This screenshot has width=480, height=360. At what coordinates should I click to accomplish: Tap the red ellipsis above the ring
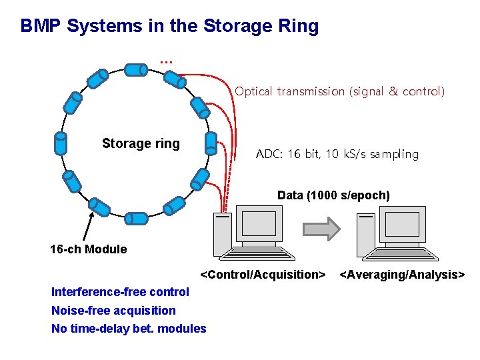tap(166, 61)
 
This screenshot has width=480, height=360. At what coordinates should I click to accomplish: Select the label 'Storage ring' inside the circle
tap(141, 143)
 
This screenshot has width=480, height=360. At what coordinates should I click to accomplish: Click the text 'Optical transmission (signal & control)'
tap(339, 91)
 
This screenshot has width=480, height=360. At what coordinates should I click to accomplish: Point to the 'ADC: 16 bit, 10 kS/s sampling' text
tap(337, 154)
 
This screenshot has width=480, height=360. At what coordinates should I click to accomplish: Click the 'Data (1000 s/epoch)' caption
tap(333, 195)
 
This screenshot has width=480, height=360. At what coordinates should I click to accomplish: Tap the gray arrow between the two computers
tap(322, 229)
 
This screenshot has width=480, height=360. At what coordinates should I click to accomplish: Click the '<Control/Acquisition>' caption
tap(263, 275)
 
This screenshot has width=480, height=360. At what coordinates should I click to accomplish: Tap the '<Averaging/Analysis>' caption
tap(402, 275)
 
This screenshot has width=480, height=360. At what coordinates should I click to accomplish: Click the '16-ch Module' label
tap(88, 249)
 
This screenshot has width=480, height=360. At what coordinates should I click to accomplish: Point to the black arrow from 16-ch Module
tap(87, 227)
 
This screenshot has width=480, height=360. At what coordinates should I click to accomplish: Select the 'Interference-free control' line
tap(120, 292)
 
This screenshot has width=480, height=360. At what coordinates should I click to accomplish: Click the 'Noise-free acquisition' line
tap(113, 310)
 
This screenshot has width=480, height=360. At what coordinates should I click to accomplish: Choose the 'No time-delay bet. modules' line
tap(129, 328)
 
